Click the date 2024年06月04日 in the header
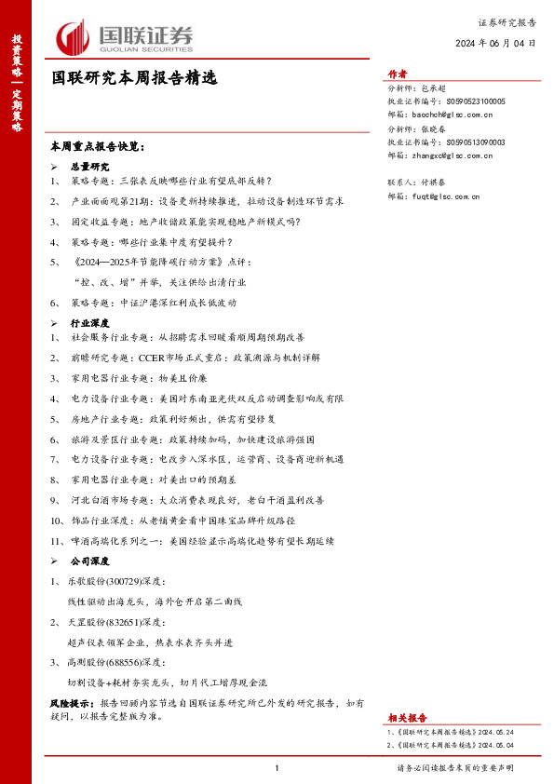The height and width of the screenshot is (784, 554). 495,44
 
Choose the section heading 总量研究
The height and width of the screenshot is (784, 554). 90,165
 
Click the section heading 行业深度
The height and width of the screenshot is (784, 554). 90,321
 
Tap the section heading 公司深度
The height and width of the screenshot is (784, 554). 90,561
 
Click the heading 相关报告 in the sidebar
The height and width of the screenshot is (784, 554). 408,718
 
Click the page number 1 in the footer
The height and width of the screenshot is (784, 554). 277,768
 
